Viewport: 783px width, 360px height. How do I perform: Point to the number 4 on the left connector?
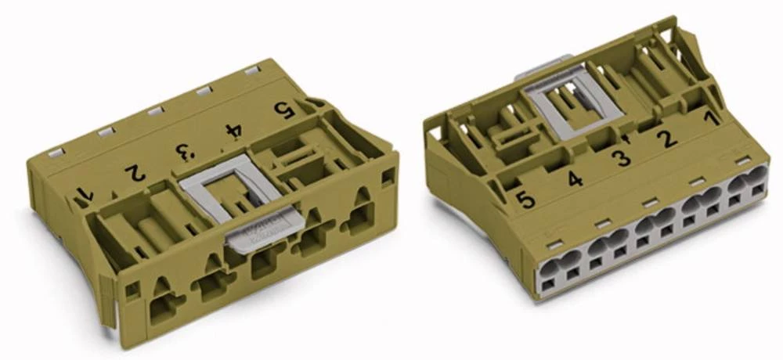[233, 131]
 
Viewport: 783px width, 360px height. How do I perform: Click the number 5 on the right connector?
[526, 200]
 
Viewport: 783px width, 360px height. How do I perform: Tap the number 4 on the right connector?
[576, 179]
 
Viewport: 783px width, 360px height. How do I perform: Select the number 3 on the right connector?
[621, 159]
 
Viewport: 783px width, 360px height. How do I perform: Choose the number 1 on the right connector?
[709, 120]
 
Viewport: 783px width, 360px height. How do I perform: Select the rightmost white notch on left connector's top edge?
[251, 70]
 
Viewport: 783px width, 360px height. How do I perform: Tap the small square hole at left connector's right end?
[388, 178]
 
